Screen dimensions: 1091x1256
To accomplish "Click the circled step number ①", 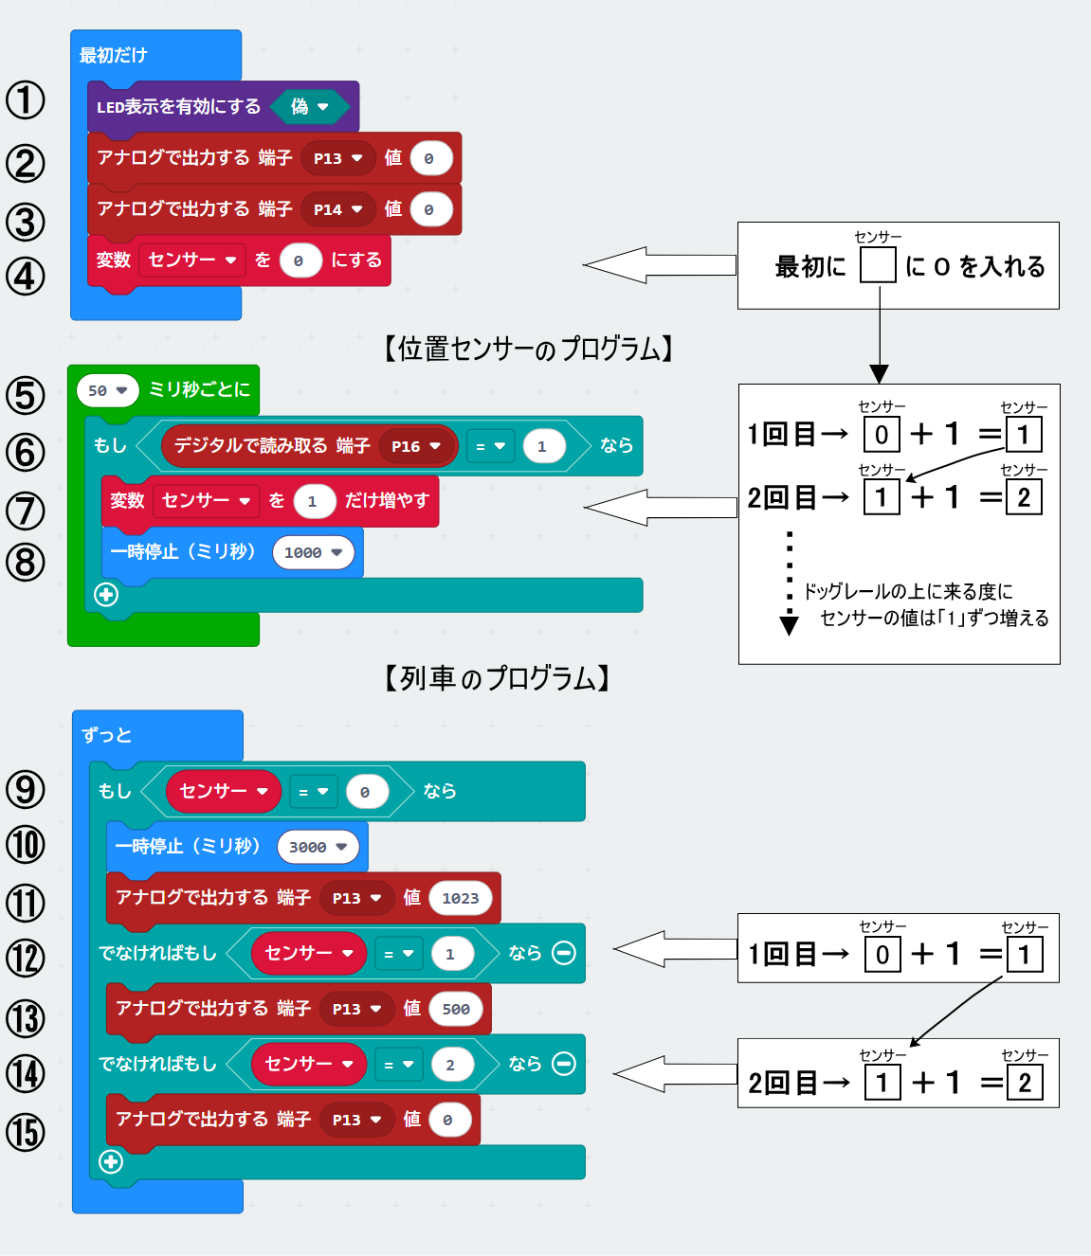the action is [x=26, y=100].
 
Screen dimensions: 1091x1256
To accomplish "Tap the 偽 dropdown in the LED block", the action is [x=310, y=107].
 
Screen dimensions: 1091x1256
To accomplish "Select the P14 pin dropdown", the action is [x=337, y=209].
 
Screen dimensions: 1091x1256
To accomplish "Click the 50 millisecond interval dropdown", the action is [x=107, y=390].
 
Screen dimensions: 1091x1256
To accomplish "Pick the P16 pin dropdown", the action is [x=418, y=446].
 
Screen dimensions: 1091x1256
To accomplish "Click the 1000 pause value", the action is [x=314, y=552].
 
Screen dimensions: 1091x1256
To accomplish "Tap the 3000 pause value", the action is [x=318, y=847].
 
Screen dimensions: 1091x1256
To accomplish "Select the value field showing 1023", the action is [x=461, y=899].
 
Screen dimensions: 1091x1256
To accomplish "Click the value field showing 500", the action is [x=456, y=1009].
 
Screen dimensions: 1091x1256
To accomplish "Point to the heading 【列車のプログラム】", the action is [x=497, y=678].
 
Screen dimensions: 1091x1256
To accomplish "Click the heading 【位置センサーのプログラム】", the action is [x=528, y=348].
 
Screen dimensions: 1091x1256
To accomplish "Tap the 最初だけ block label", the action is [x=113, y=55].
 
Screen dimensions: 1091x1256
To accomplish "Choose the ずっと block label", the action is [x=107, y=735].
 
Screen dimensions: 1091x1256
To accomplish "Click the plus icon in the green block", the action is [x=106, y=594].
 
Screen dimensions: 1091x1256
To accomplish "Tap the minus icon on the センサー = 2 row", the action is [x=564, y=1064].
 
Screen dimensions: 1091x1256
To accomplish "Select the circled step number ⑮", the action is [x=26, y=1133].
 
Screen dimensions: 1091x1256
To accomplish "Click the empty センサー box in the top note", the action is [x=878, y=265].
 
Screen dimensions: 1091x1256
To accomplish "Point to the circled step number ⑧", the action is [x=26, y=562].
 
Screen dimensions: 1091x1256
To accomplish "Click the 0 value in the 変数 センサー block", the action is [x=300, y=260].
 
